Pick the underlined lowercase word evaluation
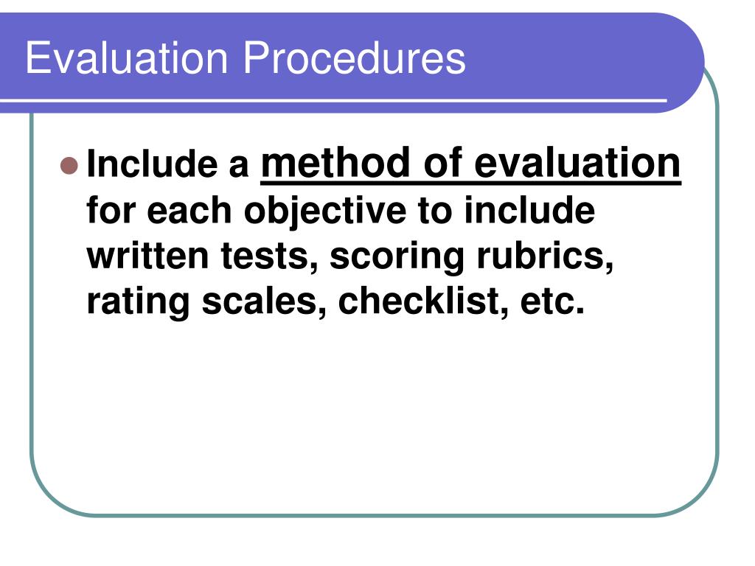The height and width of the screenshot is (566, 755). click(577, 163)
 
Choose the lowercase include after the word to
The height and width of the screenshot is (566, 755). click(529, 212)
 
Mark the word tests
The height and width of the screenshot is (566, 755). click(276, 256)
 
